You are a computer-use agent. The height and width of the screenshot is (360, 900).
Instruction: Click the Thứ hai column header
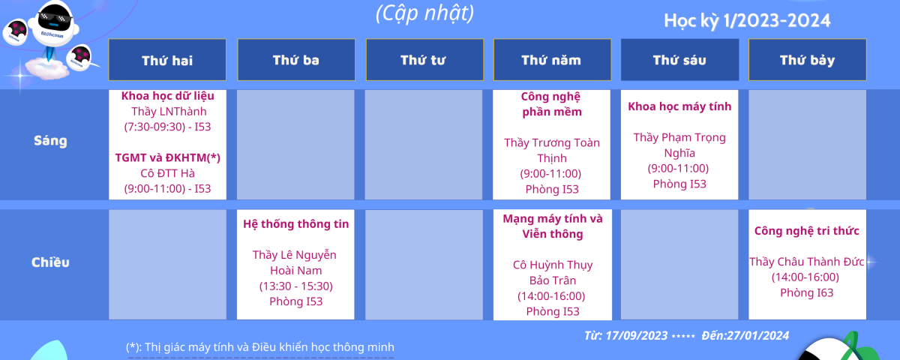click(167, 60)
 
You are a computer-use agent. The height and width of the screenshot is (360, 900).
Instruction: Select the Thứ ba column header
click(296, 60)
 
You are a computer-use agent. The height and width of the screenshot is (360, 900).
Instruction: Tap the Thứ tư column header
click(424, 60)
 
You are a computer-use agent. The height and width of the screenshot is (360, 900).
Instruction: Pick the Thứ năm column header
click(552, 60)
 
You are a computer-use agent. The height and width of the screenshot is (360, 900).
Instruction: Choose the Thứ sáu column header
click(679, 60)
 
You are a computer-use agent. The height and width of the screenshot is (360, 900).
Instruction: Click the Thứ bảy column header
click(808, 60)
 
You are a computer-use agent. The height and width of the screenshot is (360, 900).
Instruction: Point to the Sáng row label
click(51, 141)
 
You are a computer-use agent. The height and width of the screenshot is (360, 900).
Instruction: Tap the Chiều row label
click(51, 262)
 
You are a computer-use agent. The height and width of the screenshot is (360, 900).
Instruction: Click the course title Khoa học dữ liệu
click(167, 96)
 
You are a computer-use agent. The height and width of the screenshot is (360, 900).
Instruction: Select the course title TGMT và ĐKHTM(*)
click(167, 157)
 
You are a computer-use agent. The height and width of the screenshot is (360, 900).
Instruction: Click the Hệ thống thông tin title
click(296, 224)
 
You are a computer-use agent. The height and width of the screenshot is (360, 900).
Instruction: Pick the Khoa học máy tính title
click(679, 106)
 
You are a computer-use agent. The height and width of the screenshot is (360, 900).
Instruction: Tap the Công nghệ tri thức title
click(807, 231)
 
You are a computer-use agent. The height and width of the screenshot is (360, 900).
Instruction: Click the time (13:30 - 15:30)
click(296, 286)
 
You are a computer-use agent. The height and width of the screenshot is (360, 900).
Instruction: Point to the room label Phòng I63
click(807, 293)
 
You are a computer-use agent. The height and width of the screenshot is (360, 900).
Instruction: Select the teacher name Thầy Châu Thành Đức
click(807, 262)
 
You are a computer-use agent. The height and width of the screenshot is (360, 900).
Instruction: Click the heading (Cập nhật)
click(425, 13)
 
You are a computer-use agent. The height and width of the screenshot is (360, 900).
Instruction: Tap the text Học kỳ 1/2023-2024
click(747, 21)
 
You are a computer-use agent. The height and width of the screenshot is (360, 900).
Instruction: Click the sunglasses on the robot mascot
click(55, 18)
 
